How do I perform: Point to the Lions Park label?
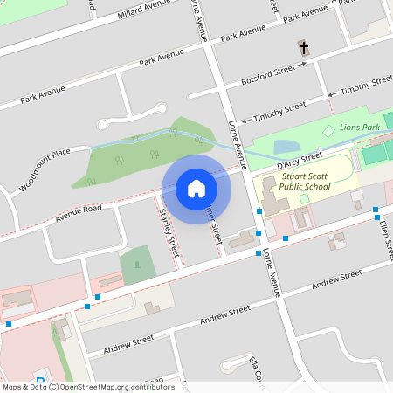pos(360,128)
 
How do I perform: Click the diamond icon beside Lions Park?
pos(328,131)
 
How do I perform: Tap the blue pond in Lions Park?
pos(286,148)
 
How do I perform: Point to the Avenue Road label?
pos(79,210)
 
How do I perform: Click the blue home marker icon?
pos(196,188)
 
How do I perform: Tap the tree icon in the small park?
pos(137,262)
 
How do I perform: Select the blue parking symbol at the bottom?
pos(40,379)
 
